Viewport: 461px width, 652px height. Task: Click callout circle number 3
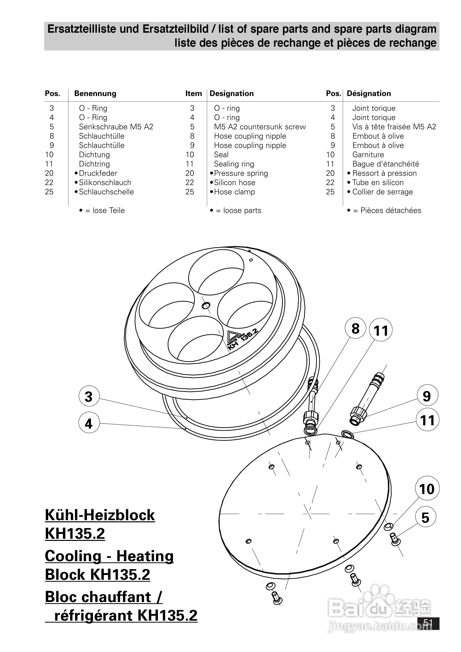(x=89, y=396)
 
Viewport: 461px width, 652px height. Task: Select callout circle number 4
(x=89, y=423)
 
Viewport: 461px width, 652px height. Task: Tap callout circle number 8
(x=355, y=328)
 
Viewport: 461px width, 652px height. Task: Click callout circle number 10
(x=427, y=488)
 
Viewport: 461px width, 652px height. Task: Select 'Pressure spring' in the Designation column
(x=241, y=173)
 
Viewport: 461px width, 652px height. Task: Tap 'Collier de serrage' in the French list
(x=382, y=192)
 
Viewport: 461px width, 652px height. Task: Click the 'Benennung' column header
(x=95, y=94)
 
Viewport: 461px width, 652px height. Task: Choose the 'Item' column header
(x=194, y=94)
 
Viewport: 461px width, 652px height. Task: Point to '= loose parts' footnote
(x=238, y=210)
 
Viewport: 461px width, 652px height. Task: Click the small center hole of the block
(x=206, y=305)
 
